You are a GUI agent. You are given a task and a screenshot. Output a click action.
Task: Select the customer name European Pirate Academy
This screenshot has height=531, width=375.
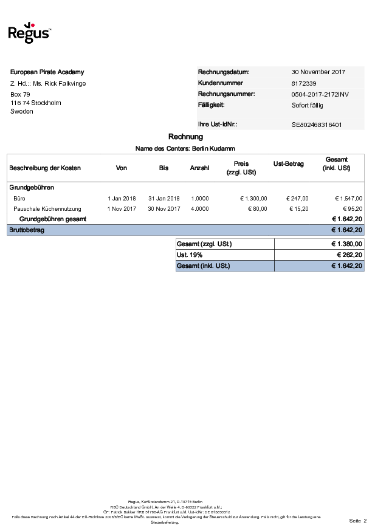point(47,72)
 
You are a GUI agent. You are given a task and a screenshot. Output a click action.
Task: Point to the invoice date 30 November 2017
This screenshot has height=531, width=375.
point(318,72)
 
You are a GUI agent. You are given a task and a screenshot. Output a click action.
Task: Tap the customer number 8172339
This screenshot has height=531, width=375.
point(304,83)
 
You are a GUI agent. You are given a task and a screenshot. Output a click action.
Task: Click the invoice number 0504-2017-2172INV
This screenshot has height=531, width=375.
point(320,94)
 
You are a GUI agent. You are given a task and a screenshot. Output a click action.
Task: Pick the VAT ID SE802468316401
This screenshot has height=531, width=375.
point(317,125)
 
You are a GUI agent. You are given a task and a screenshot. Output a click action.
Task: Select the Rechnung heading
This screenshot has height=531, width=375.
point(185,137)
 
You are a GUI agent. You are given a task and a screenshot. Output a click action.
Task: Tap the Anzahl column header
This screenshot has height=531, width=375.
point(199,168)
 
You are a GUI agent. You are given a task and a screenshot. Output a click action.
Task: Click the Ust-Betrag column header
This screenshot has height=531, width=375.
point(289,164)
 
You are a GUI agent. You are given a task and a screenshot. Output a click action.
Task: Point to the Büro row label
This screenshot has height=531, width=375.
point(19,198)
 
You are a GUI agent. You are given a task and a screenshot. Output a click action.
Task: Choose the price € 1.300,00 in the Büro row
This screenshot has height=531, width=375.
point(253,198)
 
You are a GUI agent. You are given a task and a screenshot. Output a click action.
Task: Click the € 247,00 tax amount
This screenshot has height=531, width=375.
point(297,198)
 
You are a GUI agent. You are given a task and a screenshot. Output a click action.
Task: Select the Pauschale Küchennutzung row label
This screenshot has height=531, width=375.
point(47,208)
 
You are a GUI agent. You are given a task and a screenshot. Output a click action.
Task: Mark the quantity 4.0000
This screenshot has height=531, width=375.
point(200,208)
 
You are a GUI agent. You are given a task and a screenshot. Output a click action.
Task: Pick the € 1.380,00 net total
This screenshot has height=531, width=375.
point(346,244)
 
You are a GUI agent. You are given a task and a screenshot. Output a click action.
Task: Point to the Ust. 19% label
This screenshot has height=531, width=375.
point(190,255)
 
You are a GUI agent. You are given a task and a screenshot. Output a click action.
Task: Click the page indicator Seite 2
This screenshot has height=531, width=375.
point(358,521)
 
